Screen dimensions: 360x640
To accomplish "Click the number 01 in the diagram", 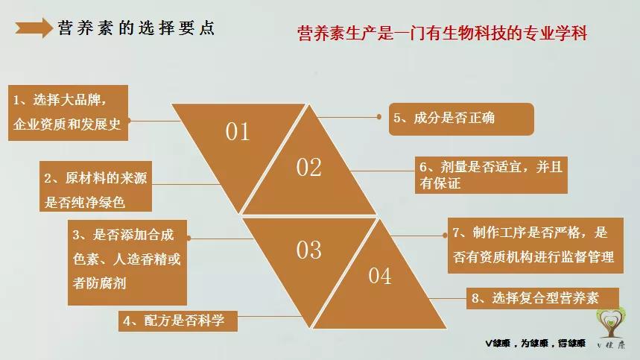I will coord(238,132).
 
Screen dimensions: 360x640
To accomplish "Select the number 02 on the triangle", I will coord(308,167).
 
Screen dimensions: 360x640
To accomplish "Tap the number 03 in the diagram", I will coord(308,250).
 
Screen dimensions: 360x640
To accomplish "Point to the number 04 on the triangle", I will coord(379,277).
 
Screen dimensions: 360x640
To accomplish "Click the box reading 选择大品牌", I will coord(68,113).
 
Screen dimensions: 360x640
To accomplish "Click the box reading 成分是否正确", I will coord(461,119).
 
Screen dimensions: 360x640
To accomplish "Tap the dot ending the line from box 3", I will coord(194,238).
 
